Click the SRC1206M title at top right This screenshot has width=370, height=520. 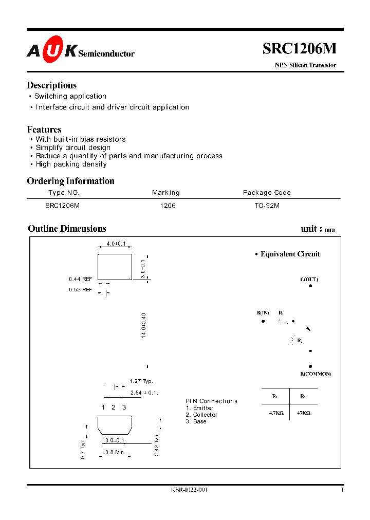point(300,48)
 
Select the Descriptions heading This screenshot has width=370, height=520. point(51,85)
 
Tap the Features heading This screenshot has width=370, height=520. point(44,129)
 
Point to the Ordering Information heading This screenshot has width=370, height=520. point(70,181)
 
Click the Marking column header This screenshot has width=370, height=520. point(165,193)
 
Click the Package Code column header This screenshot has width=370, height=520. point(267,193)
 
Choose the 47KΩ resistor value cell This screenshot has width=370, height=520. point(303,413)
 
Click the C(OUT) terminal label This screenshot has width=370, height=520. point(309,280)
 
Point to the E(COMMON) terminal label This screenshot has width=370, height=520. point(316,374)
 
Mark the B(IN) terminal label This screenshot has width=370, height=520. point(263,313)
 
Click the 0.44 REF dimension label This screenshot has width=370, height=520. point(80,279)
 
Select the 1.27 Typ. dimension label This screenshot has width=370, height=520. point(141,381)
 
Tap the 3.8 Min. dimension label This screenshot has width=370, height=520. point(115,452)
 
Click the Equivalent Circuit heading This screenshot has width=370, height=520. point(290,254)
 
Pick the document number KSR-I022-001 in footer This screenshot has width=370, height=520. point(189,490)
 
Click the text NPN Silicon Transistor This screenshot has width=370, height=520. point(305,65)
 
